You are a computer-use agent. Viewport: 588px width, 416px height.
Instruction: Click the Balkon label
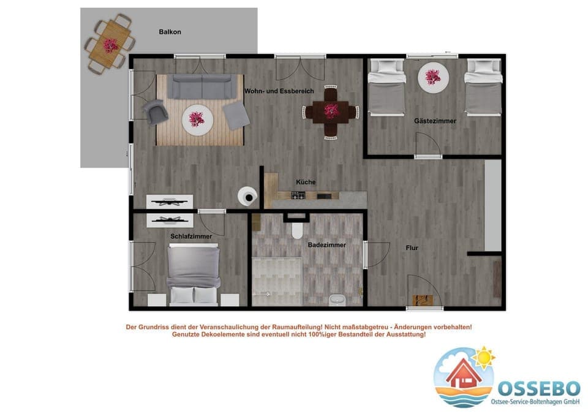(x=170, y=32)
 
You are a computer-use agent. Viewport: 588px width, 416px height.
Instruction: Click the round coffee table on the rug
(x=197, y=116)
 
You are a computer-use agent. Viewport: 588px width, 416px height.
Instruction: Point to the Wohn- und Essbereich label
(x=279, y=91)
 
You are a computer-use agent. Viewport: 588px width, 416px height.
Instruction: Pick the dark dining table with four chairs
(x=331, y=112)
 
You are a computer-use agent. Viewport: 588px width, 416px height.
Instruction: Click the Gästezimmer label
(x=435, y=121)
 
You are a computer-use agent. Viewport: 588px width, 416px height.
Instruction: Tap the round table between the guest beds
(x=433, y=77)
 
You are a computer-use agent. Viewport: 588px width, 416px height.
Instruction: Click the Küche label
(x=306, y=182)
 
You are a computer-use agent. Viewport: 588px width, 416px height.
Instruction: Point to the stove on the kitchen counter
(x=298, y=195)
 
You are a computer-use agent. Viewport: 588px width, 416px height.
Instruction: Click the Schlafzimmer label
(x=191, y=236)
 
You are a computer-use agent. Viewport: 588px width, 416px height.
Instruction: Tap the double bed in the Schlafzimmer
(x=194, y=274)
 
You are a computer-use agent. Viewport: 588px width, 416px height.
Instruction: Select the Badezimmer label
(x=326, y=244)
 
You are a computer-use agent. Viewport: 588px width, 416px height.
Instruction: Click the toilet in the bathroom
(x=298, y=230)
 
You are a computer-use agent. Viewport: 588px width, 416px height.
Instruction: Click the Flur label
(x=412, y=248)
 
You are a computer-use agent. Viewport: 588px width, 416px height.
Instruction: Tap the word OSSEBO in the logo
(x=538, y=388)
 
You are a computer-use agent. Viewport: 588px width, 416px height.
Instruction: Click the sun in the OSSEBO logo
(x=484, y=356)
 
